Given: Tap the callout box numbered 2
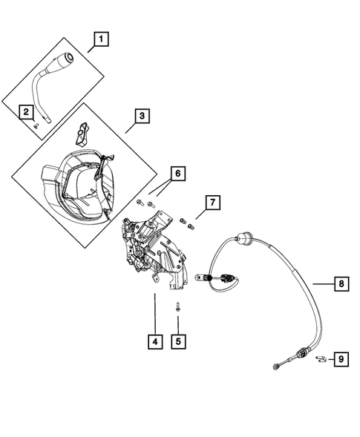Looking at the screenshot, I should (27, 112).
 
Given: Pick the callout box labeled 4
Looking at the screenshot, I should (154, 342).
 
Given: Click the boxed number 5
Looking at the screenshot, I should (178, 342).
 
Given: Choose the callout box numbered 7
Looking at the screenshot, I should (212, 203).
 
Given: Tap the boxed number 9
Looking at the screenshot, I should (340, 360).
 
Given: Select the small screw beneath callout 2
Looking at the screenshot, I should (34, 126).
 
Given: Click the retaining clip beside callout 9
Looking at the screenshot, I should (319, 360).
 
